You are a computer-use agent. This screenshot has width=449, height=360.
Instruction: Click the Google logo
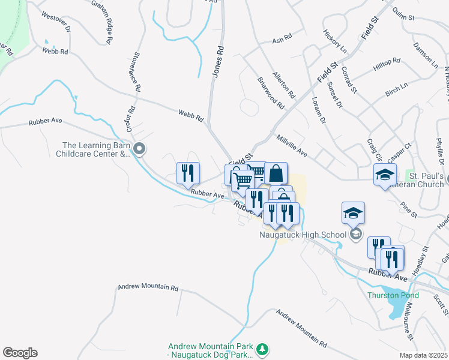tap(20, 353)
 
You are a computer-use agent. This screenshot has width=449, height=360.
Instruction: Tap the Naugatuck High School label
tap(303, 235)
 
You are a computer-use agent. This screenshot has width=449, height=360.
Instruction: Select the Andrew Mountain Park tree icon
tap(262, 349)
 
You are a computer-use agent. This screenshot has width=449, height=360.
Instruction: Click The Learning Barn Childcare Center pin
tap(139, 148)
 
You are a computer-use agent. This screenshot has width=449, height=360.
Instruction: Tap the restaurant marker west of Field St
tap(188, 173)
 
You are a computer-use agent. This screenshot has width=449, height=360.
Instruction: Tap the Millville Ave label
tap(292, 146)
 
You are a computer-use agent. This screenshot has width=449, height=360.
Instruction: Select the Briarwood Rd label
tap(270, 93)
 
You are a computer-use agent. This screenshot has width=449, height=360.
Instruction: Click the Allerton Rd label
tap(284, 85)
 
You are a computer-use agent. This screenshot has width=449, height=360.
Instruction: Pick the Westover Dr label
tap(56, 22)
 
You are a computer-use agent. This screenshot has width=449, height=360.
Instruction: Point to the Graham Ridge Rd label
tap(102, 21)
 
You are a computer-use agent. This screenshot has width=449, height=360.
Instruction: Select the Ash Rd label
tap(282, 38)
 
